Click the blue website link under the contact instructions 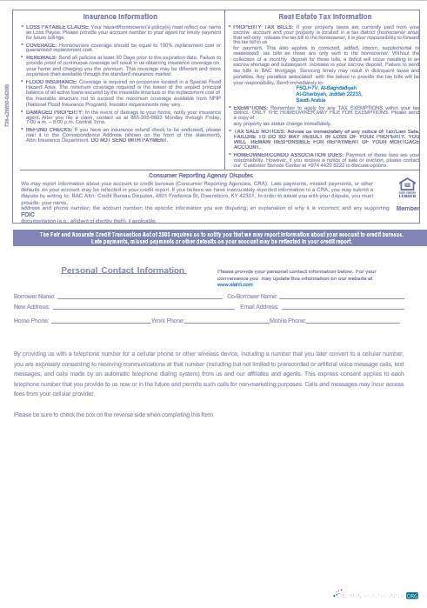pyautogui.click(x=230, y=284)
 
